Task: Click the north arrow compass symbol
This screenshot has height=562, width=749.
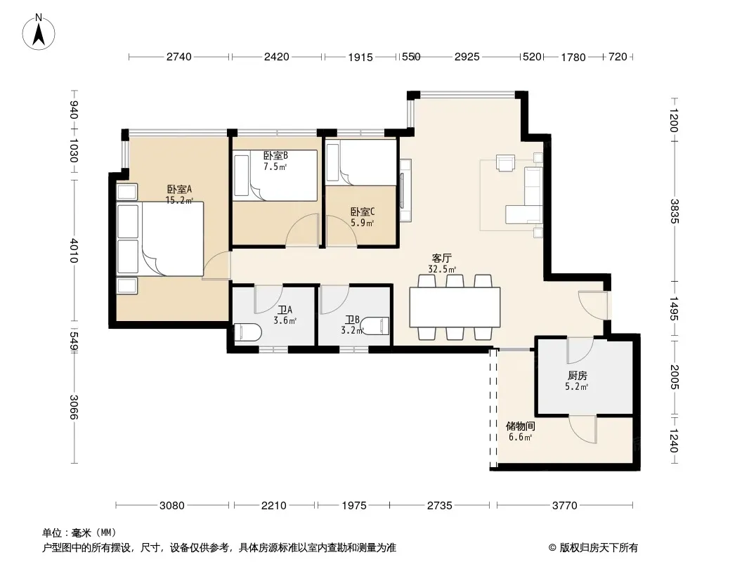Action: pos(39,32)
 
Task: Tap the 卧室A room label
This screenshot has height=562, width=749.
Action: pos(179,189)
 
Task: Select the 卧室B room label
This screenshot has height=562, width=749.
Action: pos(275,156)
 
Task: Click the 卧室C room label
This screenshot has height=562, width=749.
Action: pos(363,211)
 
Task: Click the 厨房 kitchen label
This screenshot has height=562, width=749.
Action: pos(578,376)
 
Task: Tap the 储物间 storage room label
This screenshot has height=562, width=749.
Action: pos(520,426)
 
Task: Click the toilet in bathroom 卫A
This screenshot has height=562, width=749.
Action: pos(247,332)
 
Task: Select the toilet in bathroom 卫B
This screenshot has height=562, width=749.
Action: pos(376,326)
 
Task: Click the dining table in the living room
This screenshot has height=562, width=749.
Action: pos(455,307)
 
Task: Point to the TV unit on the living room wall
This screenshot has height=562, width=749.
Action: pos(405,190)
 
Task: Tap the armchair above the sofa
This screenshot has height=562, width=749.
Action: pos(505,162)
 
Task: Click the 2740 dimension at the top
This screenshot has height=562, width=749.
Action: pos(179,57)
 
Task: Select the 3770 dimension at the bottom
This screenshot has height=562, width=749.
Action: pos(565,505)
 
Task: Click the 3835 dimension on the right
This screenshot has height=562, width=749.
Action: pos(674,211)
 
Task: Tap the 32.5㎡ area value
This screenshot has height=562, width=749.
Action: pos(442,269)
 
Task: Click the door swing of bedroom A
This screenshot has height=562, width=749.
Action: pos(216,265)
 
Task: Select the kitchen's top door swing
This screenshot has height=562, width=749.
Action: pos(580,351)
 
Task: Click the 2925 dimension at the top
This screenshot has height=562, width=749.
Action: pos(467,57)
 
